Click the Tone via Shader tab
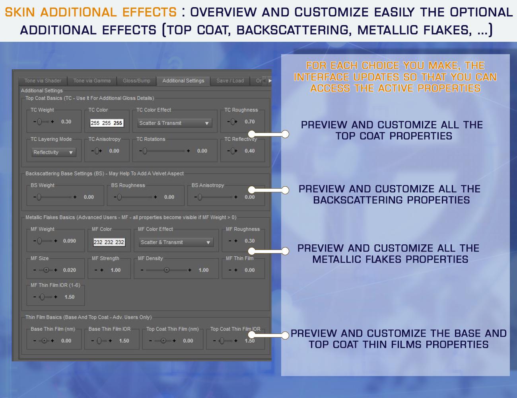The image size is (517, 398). (x=43, y=81)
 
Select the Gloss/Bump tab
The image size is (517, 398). (x=136, y=81)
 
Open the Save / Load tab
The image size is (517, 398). (x=230, y=81)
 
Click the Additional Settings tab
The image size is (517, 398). (x=183, y=81)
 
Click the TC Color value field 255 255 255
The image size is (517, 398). (x=107, y=123)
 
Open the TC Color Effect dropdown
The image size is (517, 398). (x=175, y=123)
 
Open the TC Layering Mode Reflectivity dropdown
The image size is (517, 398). (x=54, y=152)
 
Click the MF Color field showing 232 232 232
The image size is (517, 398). (x=109, y=242)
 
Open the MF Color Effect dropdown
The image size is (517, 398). (x=176, y=242)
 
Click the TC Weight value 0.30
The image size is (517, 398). (x=66, y=122)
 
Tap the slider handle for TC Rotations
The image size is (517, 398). (x=145, y=151)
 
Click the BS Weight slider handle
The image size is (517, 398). (x=39, y=197)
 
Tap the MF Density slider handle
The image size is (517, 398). (x=167, y=270)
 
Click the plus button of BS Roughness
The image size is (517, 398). (x=155, y=197)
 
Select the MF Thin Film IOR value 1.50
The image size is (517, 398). (x=70, y=297)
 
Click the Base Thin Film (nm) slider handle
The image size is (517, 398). (x=44, y=341)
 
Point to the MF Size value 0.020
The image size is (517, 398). (x=70, y=270)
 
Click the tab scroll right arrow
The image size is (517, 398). (x=270, y=81)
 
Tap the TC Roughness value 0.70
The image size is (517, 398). (x=250, y=122)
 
